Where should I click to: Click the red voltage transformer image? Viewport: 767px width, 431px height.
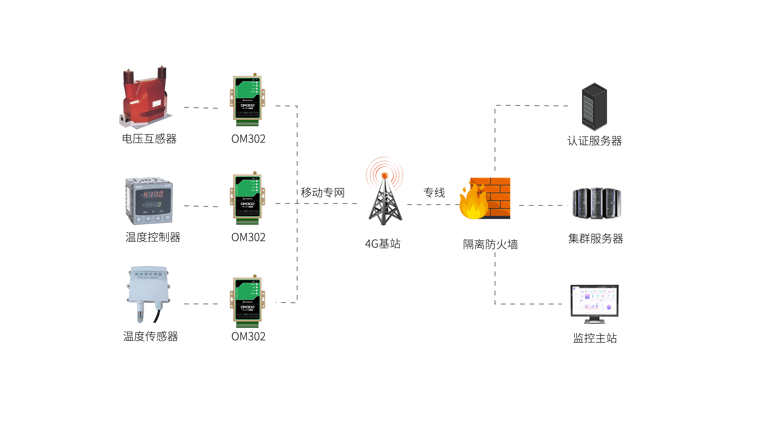pyautogui.click(x=145, y=98)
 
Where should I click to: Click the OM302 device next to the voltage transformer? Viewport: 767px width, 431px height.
pyautogui.click(x=247, y=100)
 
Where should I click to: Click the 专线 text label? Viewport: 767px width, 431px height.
pyautogui.click(x=434, y=192)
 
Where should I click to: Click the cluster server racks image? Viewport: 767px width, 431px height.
pyautogui.click(x=596, y=203)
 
